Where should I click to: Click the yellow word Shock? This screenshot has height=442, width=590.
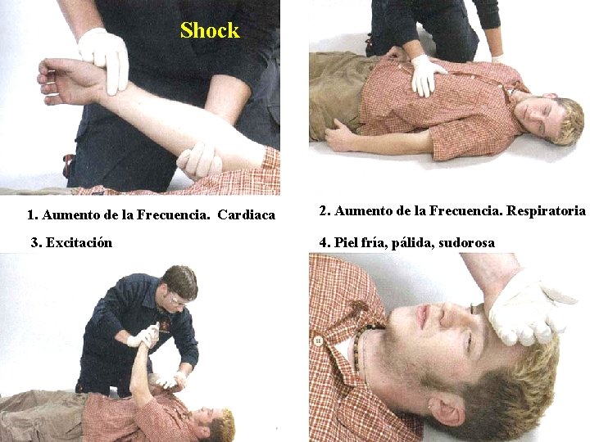(210, 30)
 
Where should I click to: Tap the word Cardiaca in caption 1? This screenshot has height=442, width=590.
(247, 215)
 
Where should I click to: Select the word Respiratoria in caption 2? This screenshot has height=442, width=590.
(546, 211)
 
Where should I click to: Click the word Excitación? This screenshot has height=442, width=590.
(79, 243)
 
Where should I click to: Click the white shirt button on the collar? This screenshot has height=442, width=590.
(318, 341)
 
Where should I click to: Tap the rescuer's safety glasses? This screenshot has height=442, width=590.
(178, 300)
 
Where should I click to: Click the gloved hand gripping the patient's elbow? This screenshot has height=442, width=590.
(199, 161)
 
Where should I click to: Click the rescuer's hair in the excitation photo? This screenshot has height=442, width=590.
(182, 281)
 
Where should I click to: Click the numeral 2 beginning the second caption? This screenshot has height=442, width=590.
(323, 211)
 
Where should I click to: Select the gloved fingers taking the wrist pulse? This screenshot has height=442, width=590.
(105, 60)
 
